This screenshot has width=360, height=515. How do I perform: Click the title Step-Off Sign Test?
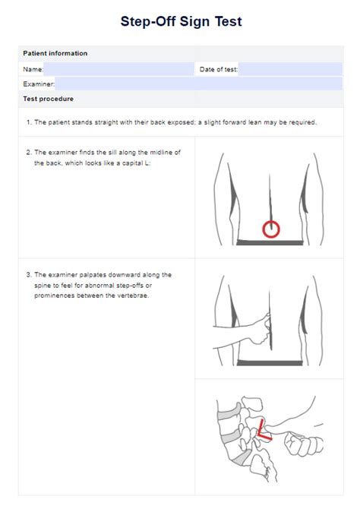(181, 21)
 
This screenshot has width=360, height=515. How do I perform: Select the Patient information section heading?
(55, 53)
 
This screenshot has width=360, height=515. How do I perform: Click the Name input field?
(118, 69)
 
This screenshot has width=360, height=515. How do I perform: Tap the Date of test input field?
(290, 69)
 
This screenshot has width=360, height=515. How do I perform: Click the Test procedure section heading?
(49, 99)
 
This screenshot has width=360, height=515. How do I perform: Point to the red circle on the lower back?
(270, 229)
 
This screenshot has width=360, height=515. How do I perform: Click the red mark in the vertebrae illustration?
(263, 430)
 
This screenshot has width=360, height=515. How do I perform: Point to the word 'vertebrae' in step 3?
(133, 296)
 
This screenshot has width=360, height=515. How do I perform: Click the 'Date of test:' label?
(219, 69)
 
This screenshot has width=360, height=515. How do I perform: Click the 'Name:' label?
(33, 69)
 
